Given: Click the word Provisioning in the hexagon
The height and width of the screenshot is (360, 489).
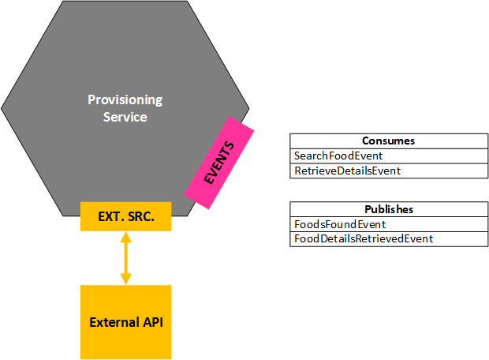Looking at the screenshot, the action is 125,100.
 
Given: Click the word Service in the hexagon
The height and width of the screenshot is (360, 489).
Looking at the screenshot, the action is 125,117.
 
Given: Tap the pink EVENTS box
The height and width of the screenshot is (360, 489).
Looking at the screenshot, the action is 219,163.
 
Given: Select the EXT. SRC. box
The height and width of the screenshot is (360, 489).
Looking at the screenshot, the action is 125,216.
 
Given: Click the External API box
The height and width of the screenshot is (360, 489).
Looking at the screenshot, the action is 125,322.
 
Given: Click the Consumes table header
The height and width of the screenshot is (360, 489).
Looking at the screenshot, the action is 389,141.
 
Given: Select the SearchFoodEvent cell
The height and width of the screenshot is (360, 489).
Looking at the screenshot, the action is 389,156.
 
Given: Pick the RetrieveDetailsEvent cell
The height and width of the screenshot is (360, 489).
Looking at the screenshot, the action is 389,171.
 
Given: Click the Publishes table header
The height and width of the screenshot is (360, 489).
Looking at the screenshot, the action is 389,209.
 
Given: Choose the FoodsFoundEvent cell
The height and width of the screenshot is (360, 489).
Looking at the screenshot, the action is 389,224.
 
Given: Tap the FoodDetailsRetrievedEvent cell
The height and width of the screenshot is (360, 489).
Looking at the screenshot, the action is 389,239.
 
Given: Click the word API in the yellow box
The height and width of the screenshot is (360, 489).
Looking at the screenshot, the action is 153,322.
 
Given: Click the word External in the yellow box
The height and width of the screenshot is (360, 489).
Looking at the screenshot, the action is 114,322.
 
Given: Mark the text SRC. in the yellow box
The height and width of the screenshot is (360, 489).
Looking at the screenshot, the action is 140,216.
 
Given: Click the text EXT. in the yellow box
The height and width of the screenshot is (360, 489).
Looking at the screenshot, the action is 110,216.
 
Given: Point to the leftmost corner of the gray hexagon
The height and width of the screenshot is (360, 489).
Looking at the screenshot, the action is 2,109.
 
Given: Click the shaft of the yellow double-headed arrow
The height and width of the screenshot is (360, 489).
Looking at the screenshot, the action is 126,258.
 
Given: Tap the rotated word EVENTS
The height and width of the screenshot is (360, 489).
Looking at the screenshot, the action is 219,163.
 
